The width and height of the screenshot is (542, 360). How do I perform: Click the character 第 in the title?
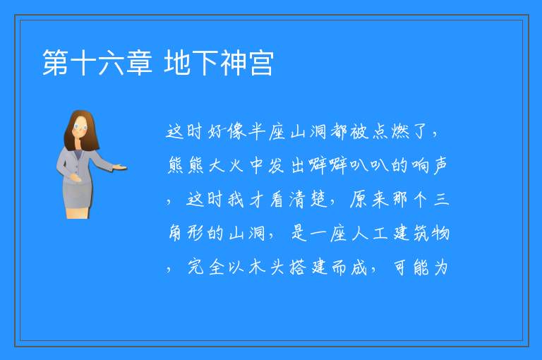[55, 62]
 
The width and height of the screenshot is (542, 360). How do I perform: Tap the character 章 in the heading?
[139, 62]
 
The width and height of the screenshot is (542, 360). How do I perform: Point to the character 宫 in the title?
[261, 62]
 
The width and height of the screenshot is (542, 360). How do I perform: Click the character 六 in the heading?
[111, 62]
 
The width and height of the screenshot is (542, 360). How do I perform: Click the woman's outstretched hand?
[120, 168]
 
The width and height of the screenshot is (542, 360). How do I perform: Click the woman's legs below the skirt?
[78, 212]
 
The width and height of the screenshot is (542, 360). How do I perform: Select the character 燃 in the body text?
[401, 131]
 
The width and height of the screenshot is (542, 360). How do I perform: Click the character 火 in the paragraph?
[236, 166]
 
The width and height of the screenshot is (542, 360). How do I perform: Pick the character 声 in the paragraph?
[440, 165]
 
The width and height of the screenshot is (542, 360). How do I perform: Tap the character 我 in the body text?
[236, 200]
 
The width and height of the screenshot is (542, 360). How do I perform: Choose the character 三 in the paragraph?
[441, 200]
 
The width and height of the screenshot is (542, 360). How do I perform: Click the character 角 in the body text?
[175, 233]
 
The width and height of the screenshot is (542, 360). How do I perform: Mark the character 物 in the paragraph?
[440, 233]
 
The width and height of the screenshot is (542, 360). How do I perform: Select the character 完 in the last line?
[195, 267]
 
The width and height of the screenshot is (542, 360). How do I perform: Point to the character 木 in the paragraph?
[257, 267]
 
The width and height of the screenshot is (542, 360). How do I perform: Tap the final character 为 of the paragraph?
[441, 267]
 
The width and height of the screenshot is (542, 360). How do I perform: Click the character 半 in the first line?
[256, 131]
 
